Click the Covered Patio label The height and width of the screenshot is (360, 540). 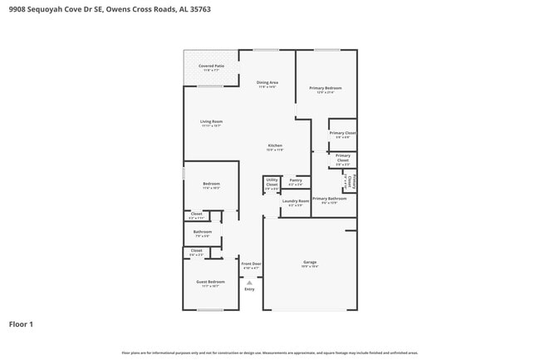click(x=210, y=66)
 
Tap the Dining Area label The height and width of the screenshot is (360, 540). click(x=267, y=83)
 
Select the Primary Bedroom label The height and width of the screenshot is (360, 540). click(x=326, y=88)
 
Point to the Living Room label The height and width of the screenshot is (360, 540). click(x=211, y=121)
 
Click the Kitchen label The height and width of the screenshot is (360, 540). click(x=275, y=146)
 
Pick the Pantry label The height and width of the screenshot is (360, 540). click(x=296, y=180)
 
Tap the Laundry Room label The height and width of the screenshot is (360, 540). click(x=296, y=201)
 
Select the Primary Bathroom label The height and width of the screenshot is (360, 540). click(x=329, y=199)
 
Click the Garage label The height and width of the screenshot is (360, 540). click(x=309, y=263)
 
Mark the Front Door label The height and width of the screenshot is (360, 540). click(x=251, y=264)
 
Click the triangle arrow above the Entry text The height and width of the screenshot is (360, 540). click(x=249, y=283)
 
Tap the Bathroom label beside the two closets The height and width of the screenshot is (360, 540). click(x=202, y=232)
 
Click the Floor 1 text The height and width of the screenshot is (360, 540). click(x=21, y=323)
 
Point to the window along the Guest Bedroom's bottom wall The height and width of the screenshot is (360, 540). click(x=210, y=310)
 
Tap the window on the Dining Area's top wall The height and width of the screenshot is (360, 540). click(x=266, y=50)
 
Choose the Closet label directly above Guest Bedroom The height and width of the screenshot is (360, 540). click(x=196, y=250)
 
